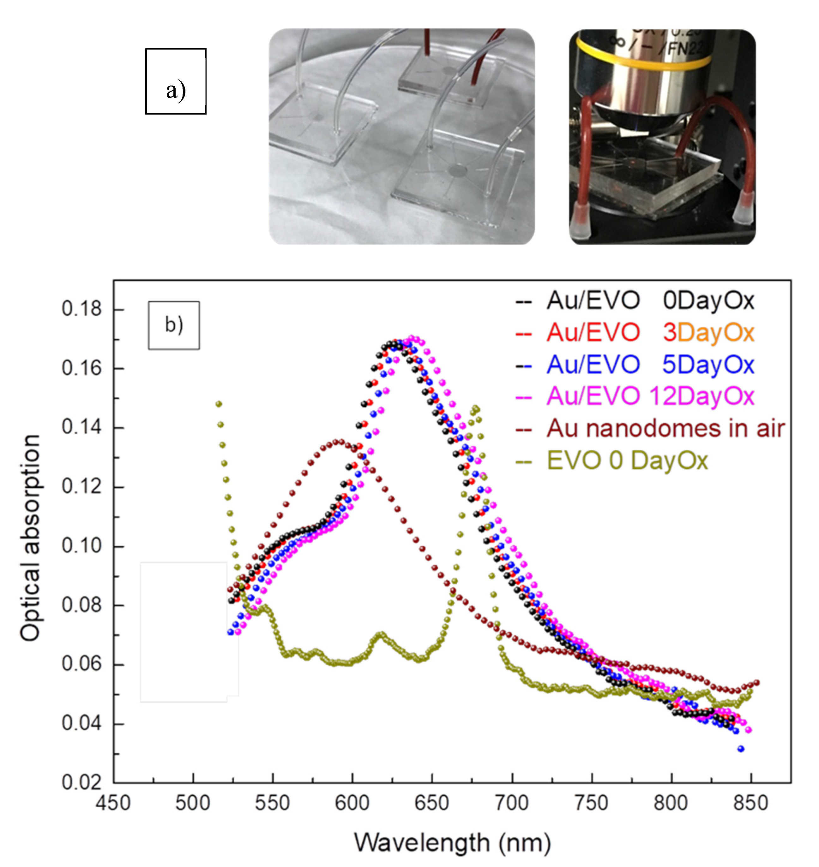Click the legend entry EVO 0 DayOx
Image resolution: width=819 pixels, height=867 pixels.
click(627, 460)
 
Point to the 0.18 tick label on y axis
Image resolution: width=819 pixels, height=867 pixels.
click(81, 309)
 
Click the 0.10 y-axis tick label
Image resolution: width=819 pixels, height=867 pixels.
click(81, 546)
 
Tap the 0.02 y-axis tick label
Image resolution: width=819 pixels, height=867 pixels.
click(81, 783)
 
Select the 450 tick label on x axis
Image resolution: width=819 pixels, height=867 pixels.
click(113, 803)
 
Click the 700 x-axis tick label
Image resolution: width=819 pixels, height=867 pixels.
click(512, 803)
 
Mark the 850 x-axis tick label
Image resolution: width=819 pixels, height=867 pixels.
click(751, 803)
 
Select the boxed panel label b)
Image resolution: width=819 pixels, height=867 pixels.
click(174, 325)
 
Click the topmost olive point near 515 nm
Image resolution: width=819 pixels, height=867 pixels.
click(219, 404)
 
